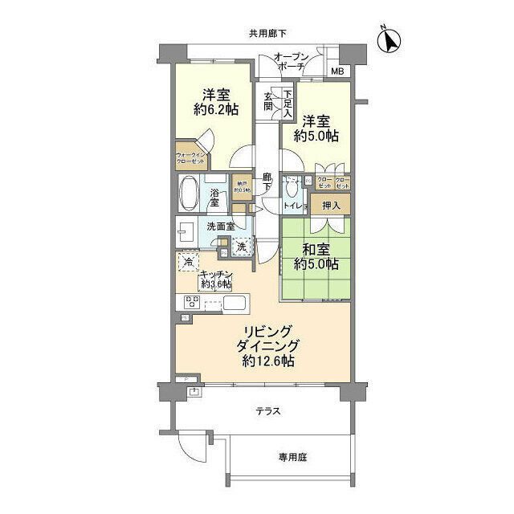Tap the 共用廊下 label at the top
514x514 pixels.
point(267,33)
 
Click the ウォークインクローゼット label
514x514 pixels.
point(190,159)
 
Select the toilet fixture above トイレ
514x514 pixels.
point(291,191)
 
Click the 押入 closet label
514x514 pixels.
point(330,206)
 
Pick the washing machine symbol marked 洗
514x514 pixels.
point(240,247)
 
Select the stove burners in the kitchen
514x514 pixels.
point(193,302)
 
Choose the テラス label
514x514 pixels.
point(268,410)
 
